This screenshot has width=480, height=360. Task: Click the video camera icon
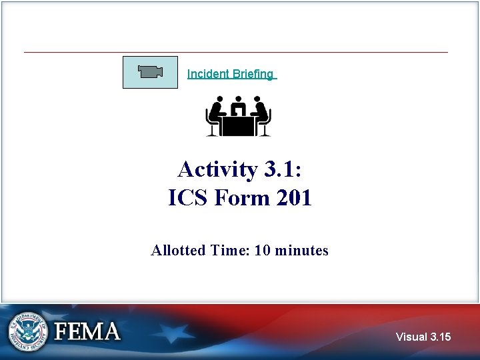[x=150, y=72]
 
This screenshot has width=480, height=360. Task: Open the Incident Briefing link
[x=230, y=74]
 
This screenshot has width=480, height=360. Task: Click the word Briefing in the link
[x=253, y=74]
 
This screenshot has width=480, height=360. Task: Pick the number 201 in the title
[x=292, y=198]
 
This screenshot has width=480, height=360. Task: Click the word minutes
[x=301, y=251]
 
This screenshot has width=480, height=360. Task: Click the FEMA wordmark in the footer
[x=87, y=331]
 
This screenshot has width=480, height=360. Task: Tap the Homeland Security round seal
[x=28, y=331]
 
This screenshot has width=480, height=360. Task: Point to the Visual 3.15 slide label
[x=423, y=337]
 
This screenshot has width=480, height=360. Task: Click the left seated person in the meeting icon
[x=215, y=115]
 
